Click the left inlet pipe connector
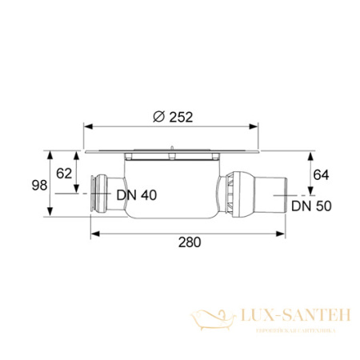pos(100,194)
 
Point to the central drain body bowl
pos(172,188)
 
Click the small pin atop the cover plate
pos(170,146)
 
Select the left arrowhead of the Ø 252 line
pos(86,126)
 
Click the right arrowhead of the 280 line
pos(280,234)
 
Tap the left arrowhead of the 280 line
pos(92,234)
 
